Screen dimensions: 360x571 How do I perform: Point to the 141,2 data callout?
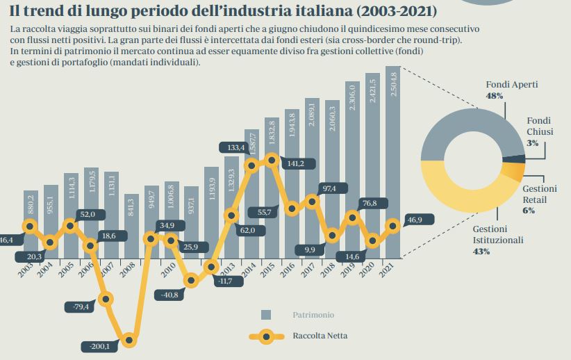pyautogui.click(x=301, y=164)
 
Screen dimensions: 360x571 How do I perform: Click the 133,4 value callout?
pyautogui.click(x=236, y=147)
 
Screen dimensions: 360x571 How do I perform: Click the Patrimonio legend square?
pyautogui.click(x=266, y=315)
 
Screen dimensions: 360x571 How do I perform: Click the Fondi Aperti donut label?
pyautogui.click(x=511, y=85)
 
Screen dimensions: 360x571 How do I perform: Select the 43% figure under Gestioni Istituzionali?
pyautogui.click(x=481, y=252)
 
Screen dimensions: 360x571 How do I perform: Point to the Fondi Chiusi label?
pyautogui.click(x=539, y=126)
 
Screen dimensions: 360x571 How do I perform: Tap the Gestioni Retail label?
pyautogui.click(x=539, y=194)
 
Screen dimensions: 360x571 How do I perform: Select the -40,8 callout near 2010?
pyautogui.click(x=169, y=295)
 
